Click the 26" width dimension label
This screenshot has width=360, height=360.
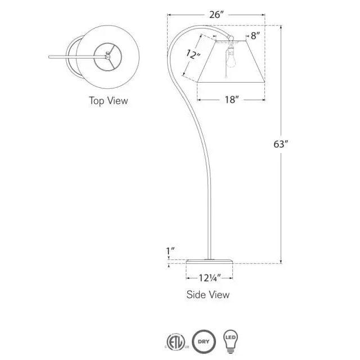coord(216,15)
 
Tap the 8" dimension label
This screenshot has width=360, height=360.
coord(256,36)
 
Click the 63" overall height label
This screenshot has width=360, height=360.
coord(281,144)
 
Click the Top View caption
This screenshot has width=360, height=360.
coord(108,101)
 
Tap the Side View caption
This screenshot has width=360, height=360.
coord(208,294)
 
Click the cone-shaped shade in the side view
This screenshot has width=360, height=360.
coord(231,65)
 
